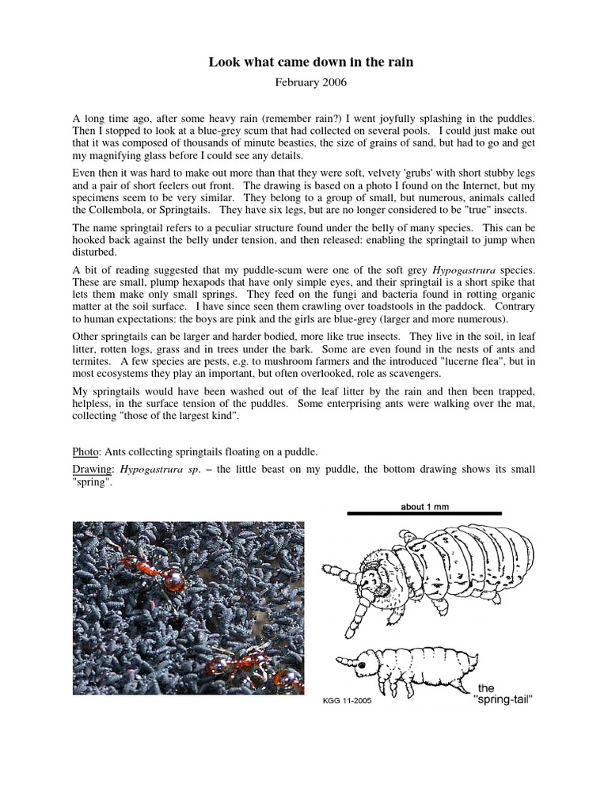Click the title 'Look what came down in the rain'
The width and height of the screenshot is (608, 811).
pyautogui.click(x=304, y=61)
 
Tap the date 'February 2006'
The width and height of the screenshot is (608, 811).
pyautogui.click(x=304, y=81)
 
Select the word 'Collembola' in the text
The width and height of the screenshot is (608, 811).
pyautogui.click(x=122, y=210)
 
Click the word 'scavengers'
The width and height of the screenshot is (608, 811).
pyautogui.click(x=389, y=374)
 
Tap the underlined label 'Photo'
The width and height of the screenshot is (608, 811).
pyautogui.click(x=85, y=452)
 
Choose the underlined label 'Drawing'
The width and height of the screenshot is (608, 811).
pyautogui.click(x=91, y=470)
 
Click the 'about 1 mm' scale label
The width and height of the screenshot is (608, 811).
pyautogui.click(x=424, y=507)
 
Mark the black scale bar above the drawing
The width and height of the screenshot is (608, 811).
pyautogui.click(x=424, y=514)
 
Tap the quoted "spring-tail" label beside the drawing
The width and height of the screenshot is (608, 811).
pyautogui.click(x=504, y=701)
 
